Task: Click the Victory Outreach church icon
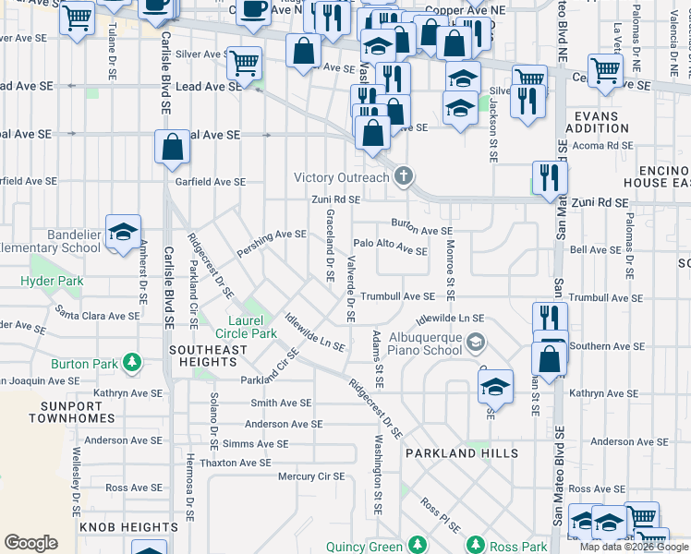(x=402, y=175)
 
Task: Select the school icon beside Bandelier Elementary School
(x=122, y=233)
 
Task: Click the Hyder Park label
(x=53, y=281)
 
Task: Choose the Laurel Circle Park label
(x=252, y=327)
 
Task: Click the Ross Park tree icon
(x=476, y=546)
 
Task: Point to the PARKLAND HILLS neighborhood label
(x=462, y=453)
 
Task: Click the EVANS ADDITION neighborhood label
(x=601, y=122)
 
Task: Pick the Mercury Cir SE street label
(x=311, y=476)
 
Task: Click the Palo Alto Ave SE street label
(x=390, y=247)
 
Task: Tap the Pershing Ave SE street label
(x=271, y=235)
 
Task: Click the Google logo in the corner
(x=30, y=543)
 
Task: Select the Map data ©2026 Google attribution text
(x=633, y=547)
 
